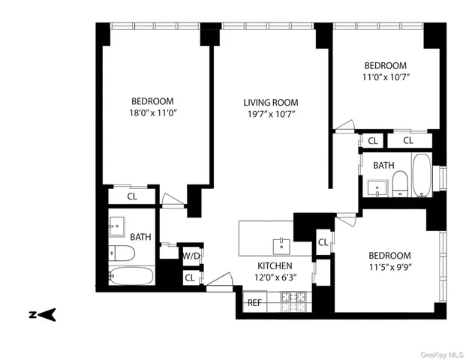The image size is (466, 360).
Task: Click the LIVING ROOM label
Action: tap(270, 102)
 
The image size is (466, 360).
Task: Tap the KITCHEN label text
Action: tap(275, 266)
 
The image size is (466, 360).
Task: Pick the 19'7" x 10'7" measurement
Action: tap(270, 114)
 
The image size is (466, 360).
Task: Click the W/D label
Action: tap(191, 256)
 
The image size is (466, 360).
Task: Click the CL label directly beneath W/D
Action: tap(191, 277)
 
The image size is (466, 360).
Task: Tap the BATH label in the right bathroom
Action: tap(383, 166)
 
